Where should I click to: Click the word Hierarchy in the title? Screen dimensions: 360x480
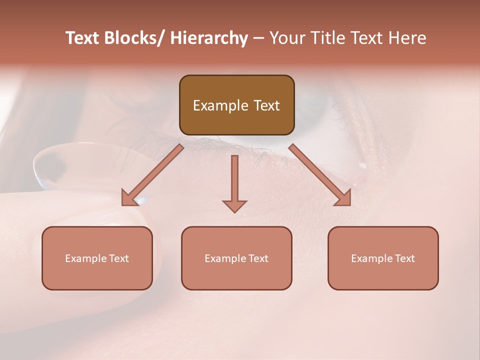pyautogui.click(x=209, y=38)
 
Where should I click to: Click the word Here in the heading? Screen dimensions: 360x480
pyautogui.click(x=406, y=38)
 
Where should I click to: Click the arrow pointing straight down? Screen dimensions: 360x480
pyautogui.click(x=234, y=180)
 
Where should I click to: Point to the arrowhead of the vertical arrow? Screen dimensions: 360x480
pyautogui.click(x=234, y=206)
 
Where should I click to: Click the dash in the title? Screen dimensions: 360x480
pyautogui.click(x=258, y=38)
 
